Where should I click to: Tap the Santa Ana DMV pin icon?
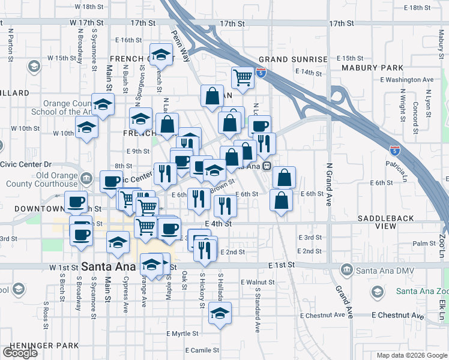(346, 270)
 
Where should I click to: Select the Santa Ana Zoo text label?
(422, 292)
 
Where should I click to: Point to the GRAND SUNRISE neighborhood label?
(293, 60)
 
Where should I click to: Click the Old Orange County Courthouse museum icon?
(85, 177)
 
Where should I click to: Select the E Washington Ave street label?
(406, 79)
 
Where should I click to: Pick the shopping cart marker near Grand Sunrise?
(242, 77)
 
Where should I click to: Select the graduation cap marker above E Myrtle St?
(220, 313)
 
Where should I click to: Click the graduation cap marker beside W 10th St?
(87, 127)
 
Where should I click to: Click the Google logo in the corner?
(20, 353)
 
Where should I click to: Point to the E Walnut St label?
(257, 282)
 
